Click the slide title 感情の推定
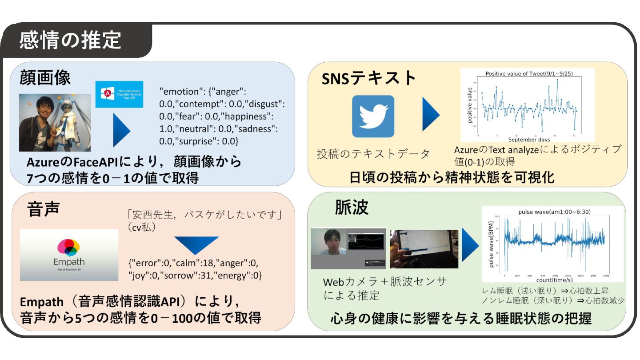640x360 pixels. click(x=70, y=40)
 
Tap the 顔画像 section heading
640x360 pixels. click(x=45, y=78)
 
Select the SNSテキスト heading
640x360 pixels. click(x=369, y=79)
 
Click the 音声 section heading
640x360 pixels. click(x=43, y=208)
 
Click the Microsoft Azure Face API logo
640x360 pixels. click(x=119, y=94)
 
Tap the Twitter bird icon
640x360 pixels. click(x=373, y=116)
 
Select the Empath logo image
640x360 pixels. click(x=69, y=255)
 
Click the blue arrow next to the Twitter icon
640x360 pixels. click(x=431, y=115)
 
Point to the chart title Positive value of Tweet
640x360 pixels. click(x=528, y=74)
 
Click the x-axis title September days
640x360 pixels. click(x=528, y=139)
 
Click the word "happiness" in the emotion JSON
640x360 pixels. click(x=245, y=116)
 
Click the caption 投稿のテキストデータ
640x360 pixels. click(x=373, y=154)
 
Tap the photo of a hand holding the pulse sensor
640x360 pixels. click(x=424, y=249)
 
